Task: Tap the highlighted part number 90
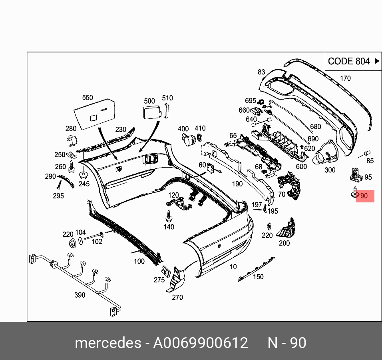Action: click(364, 196)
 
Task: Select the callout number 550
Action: click(87, 98)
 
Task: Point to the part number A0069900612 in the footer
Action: click(201, 343)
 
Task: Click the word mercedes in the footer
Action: click(107, 343)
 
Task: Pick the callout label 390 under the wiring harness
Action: click(80, 295)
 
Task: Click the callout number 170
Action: click(345, 78)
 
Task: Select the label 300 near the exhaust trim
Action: click(330, 170)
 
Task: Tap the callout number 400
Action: click(183, 129)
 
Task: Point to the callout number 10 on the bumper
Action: click(233, 267)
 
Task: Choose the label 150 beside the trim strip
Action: click(258, 277)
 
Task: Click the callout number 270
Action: click(177, 297)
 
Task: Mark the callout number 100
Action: click(139, 262)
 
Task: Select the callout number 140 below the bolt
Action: click(169, 227)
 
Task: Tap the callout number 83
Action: click(261, 72)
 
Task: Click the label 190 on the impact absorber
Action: click(237, 184)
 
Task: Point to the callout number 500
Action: click(149, 101)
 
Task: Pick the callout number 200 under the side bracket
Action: click(284, 243)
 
